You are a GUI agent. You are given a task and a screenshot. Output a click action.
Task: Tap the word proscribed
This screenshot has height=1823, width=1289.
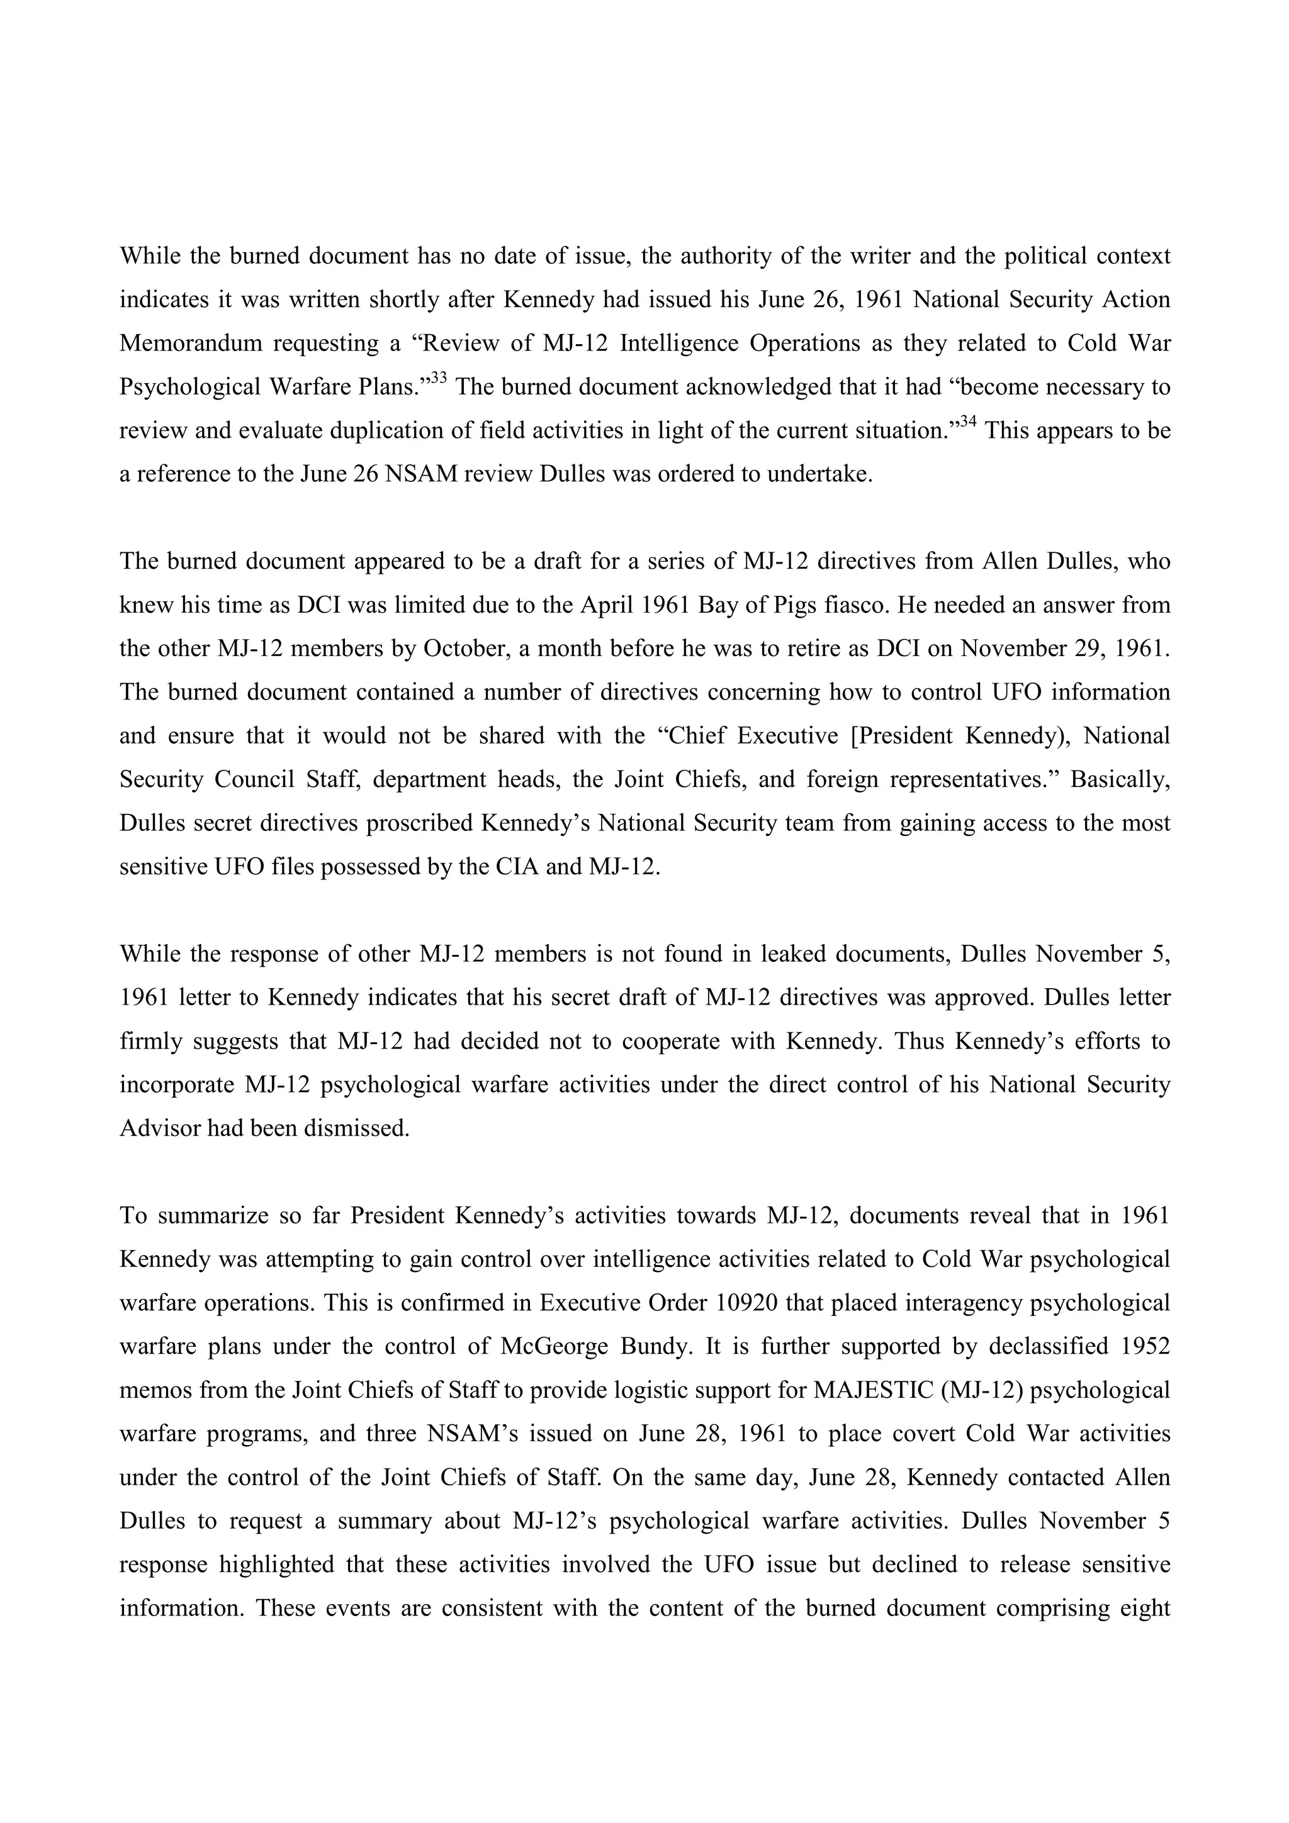click(x=419, y=823)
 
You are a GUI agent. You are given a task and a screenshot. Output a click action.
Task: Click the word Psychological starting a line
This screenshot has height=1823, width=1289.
click(x=188, y=387)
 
